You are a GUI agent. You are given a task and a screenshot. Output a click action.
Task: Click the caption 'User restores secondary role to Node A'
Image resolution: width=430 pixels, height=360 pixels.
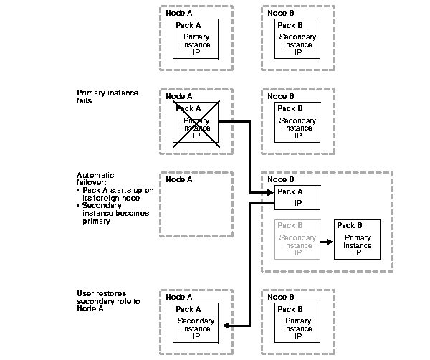tap(108, 301)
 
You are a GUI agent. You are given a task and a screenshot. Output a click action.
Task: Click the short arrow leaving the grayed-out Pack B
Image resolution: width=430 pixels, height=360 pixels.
tap(327, 242)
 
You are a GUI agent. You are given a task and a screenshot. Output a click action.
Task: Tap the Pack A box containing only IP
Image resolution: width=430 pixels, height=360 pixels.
tap(297, 196)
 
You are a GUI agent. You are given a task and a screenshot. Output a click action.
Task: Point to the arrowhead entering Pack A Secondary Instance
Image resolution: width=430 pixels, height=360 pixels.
tap(226, 326)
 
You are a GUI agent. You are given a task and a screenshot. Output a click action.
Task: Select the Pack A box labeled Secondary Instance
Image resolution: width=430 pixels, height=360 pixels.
tap(196, 323)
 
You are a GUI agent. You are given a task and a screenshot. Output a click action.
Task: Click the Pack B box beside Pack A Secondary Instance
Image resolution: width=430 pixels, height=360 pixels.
tap(297, 323)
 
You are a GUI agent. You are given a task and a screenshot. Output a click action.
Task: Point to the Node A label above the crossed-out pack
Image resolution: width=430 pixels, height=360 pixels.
tap(178, 96)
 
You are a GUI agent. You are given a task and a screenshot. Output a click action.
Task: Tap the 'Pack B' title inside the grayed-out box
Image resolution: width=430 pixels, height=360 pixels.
tap(290, 225)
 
